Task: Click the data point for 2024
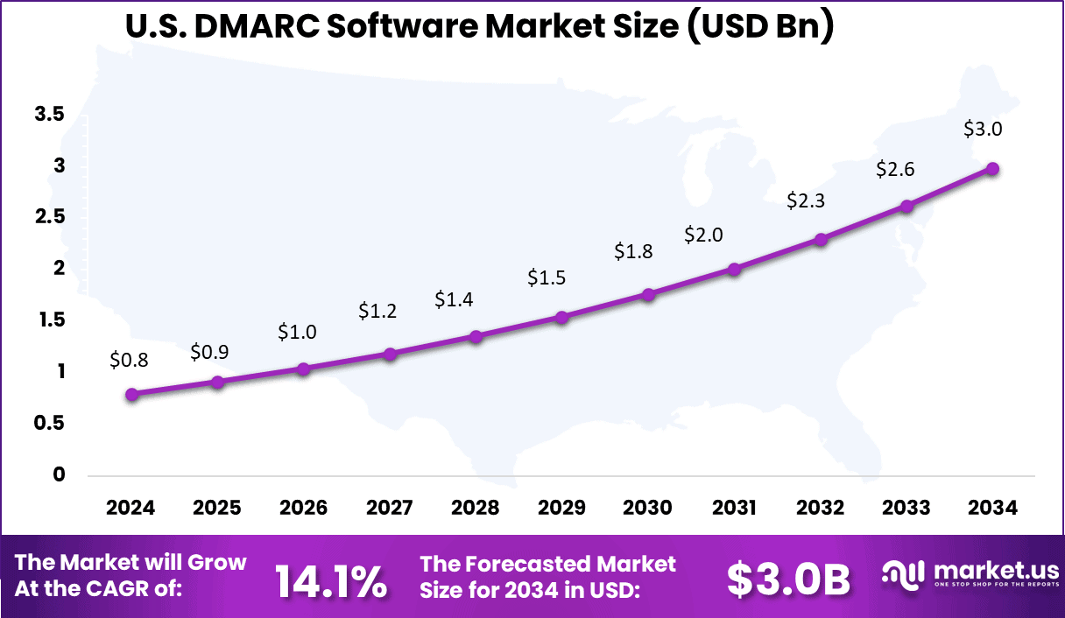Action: [x=131, y=395]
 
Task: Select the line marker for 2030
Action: [x=648, y=295]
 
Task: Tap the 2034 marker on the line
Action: [x=992, y=169]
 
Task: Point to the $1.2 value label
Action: [x=377, y=311]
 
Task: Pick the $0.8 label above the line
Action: [x=129, y=359]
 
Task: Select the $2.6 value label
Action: [x=895, y=169]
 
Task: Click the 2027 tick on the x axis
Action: [x=390, y=509]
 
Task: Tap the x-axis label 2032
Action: [x=821, y=509]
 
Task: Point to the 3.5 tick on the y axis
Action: [x=50, y=114]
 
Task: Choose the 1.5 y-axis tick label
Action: [x=50, y=320]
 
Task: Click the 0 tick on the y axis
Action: [x=60, y=475]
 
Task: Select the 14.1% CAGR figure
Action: [x=331, y=582]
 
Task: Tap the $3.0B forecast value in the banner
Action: [x=789, y=579]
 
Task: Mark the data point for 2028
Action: [x=476, y=337]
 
